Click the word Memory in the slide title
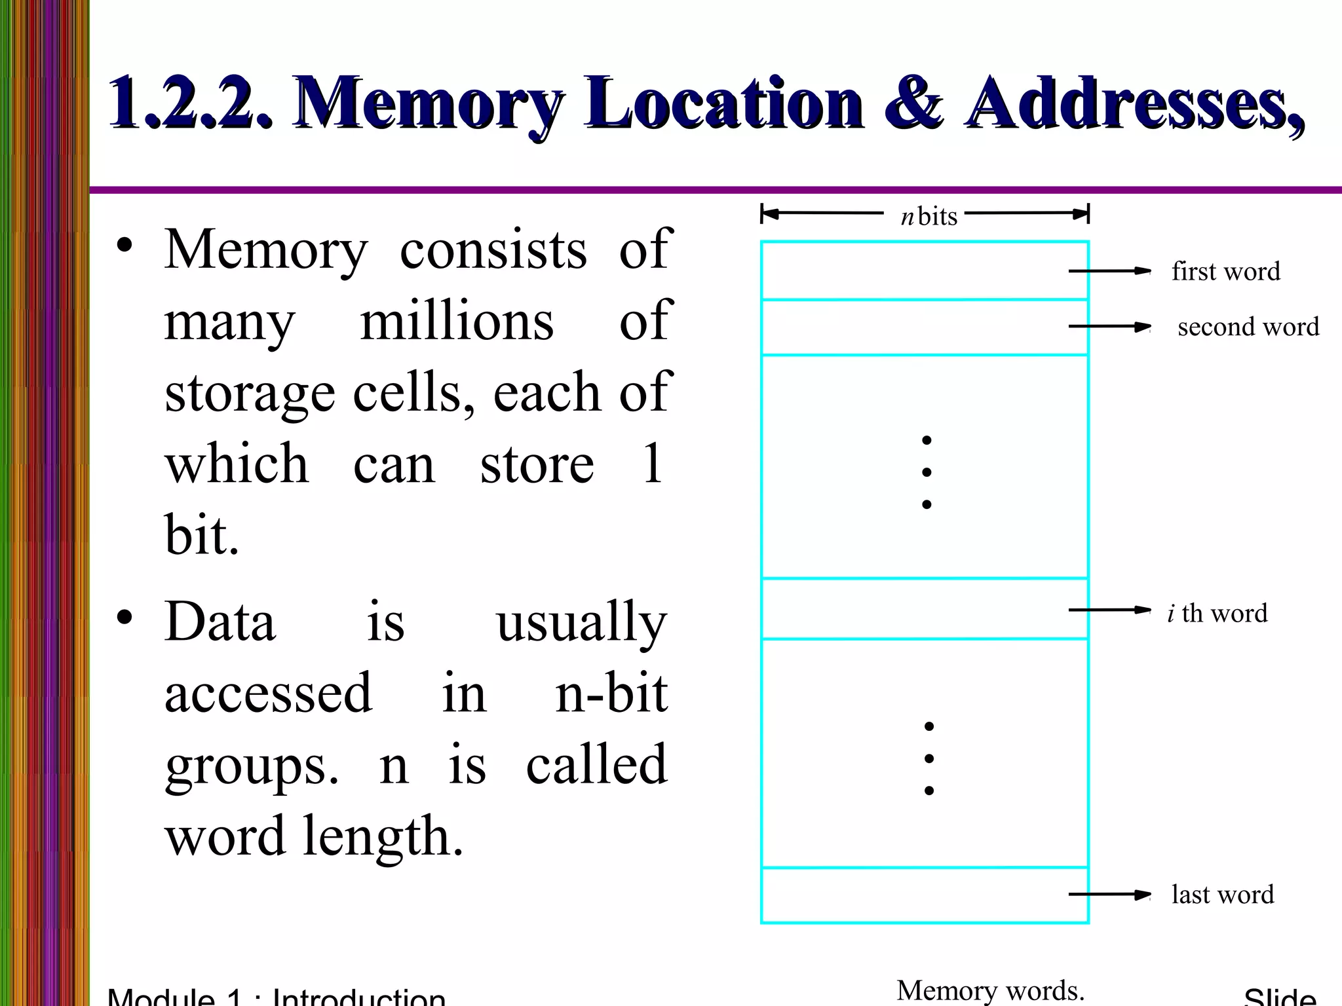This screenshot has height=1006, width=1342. coord(429,103)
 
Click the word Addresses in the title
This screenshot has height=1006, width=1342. coord(1134,103)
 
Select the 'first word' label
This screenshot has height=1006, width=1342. coord(1225,271)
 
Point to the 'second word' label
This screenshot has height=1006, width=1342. coord(1248,327)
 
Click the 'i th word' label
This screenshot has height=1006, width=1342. coord(1217,613)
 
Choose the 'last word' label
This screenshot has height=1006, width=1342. coord(1223,895)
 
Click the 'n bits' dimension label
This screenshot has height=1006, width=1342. coord(929,216)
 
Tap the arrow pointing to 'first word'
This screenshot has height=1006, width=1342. coord(1109,271)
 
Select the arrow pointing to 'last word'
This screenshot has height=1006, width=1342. coord(1109,895)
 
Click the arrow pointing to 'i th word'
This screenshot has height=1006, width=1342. coord(1109,610)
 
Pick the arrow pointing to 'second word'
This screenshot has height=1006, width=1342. coord(1109,327)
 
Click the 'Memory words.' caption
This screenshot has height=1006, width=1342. coord(990,990)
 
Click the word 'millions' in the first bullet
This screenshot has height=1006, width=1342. coord(457,321)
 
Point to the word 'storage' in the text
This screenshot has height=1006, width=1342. coord(250,393)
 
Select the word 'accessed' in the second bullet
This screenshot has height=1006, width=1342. coord(268,693)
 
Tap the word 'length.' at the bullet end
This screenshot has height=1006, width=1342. coord(383,836)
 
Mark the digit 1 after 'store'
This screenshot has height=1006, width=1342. coord(652,464)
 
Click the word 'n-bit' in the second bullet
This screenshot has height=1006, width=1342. coord(611,693)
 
